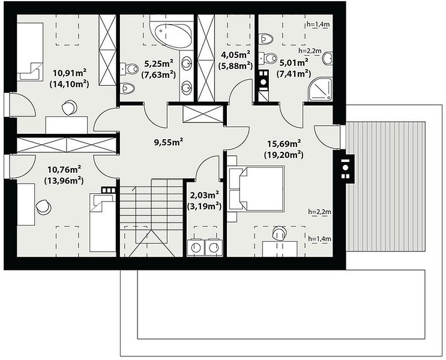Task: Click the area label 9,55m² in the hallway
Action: [168, 142]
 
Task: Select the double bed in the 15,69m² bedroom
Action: [256, 189]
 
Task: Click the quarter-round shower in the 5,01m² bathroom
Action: [321, 89]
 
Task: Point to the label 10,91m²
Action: [70, 73]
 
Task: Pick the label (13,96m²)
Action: [64, 181]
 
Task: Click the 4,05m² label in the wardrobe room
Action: [235, 54]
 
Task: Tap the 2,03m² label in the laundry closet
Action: [204, 195]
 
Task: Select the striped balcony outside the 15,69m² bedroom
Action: [385, 186]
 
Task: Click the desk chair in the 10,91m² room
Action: [70, 107]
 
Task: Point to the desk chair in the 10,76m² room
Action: [43, 207]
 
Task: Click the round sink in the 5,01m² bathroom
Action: [327, 59]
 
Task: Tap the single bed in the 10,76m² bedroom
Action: [103, 223]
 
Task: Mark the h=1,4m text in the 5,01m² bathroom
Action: [318, 25]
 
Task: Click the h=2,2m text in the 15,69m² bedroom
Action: [319, 212]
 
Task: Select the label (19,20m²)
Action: [283, 155]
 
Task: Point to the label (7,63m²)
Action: [158, 74]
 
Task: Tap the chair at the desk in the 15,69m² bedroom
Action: [279, 233]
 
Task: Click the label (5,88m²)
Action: [235, 65]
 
